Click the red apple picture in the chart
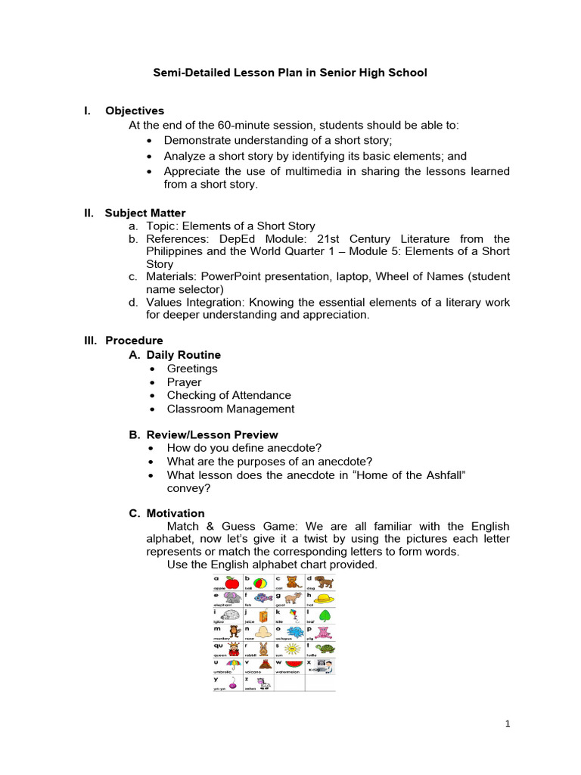pyautogui.click(x=233, y=582)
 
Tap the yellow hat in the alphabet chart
pyautogui.click(x=325, y=599)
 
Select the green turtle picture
pyautogui.click(x=325, y=649)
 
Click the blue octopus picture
pyautogui.click(x=294, y=632)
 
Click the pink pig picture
pyautogui.click(x=325, y=632)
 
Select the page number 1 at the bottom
pyautogui.click(x=508, y=724)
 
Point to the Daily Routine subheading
pyautogui.click(x=184, y=355)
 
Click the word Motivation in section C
pyautogui.click(x=176, y=514)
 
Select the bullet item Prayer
pyautogui.click(x=184, y=382)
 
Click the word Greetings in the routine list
pyautogui.click(x=192, y=369)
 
